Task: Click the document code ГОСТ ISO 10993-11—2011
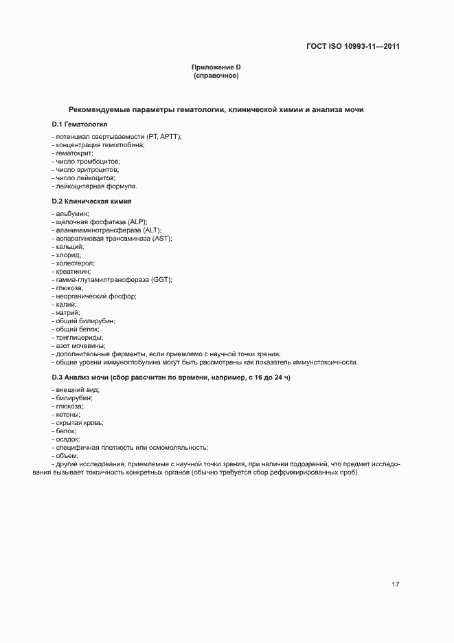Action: [x=352, y=47]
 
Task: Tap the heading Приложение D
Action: [x=216, y=67]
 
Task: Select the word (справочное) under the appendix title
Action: [x=216, y=75]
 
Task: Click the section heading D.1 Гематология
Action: [x=79, y=124]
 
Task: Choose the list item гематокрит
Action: [x=73, y=153]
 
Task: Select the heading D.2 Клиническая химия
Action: [x=91, y=201]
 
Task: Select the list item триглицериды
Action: [x=79, y=338]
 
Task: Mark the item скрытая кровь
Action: [x=78, y=423]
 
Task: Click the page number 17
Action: [x=395, y=585]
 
